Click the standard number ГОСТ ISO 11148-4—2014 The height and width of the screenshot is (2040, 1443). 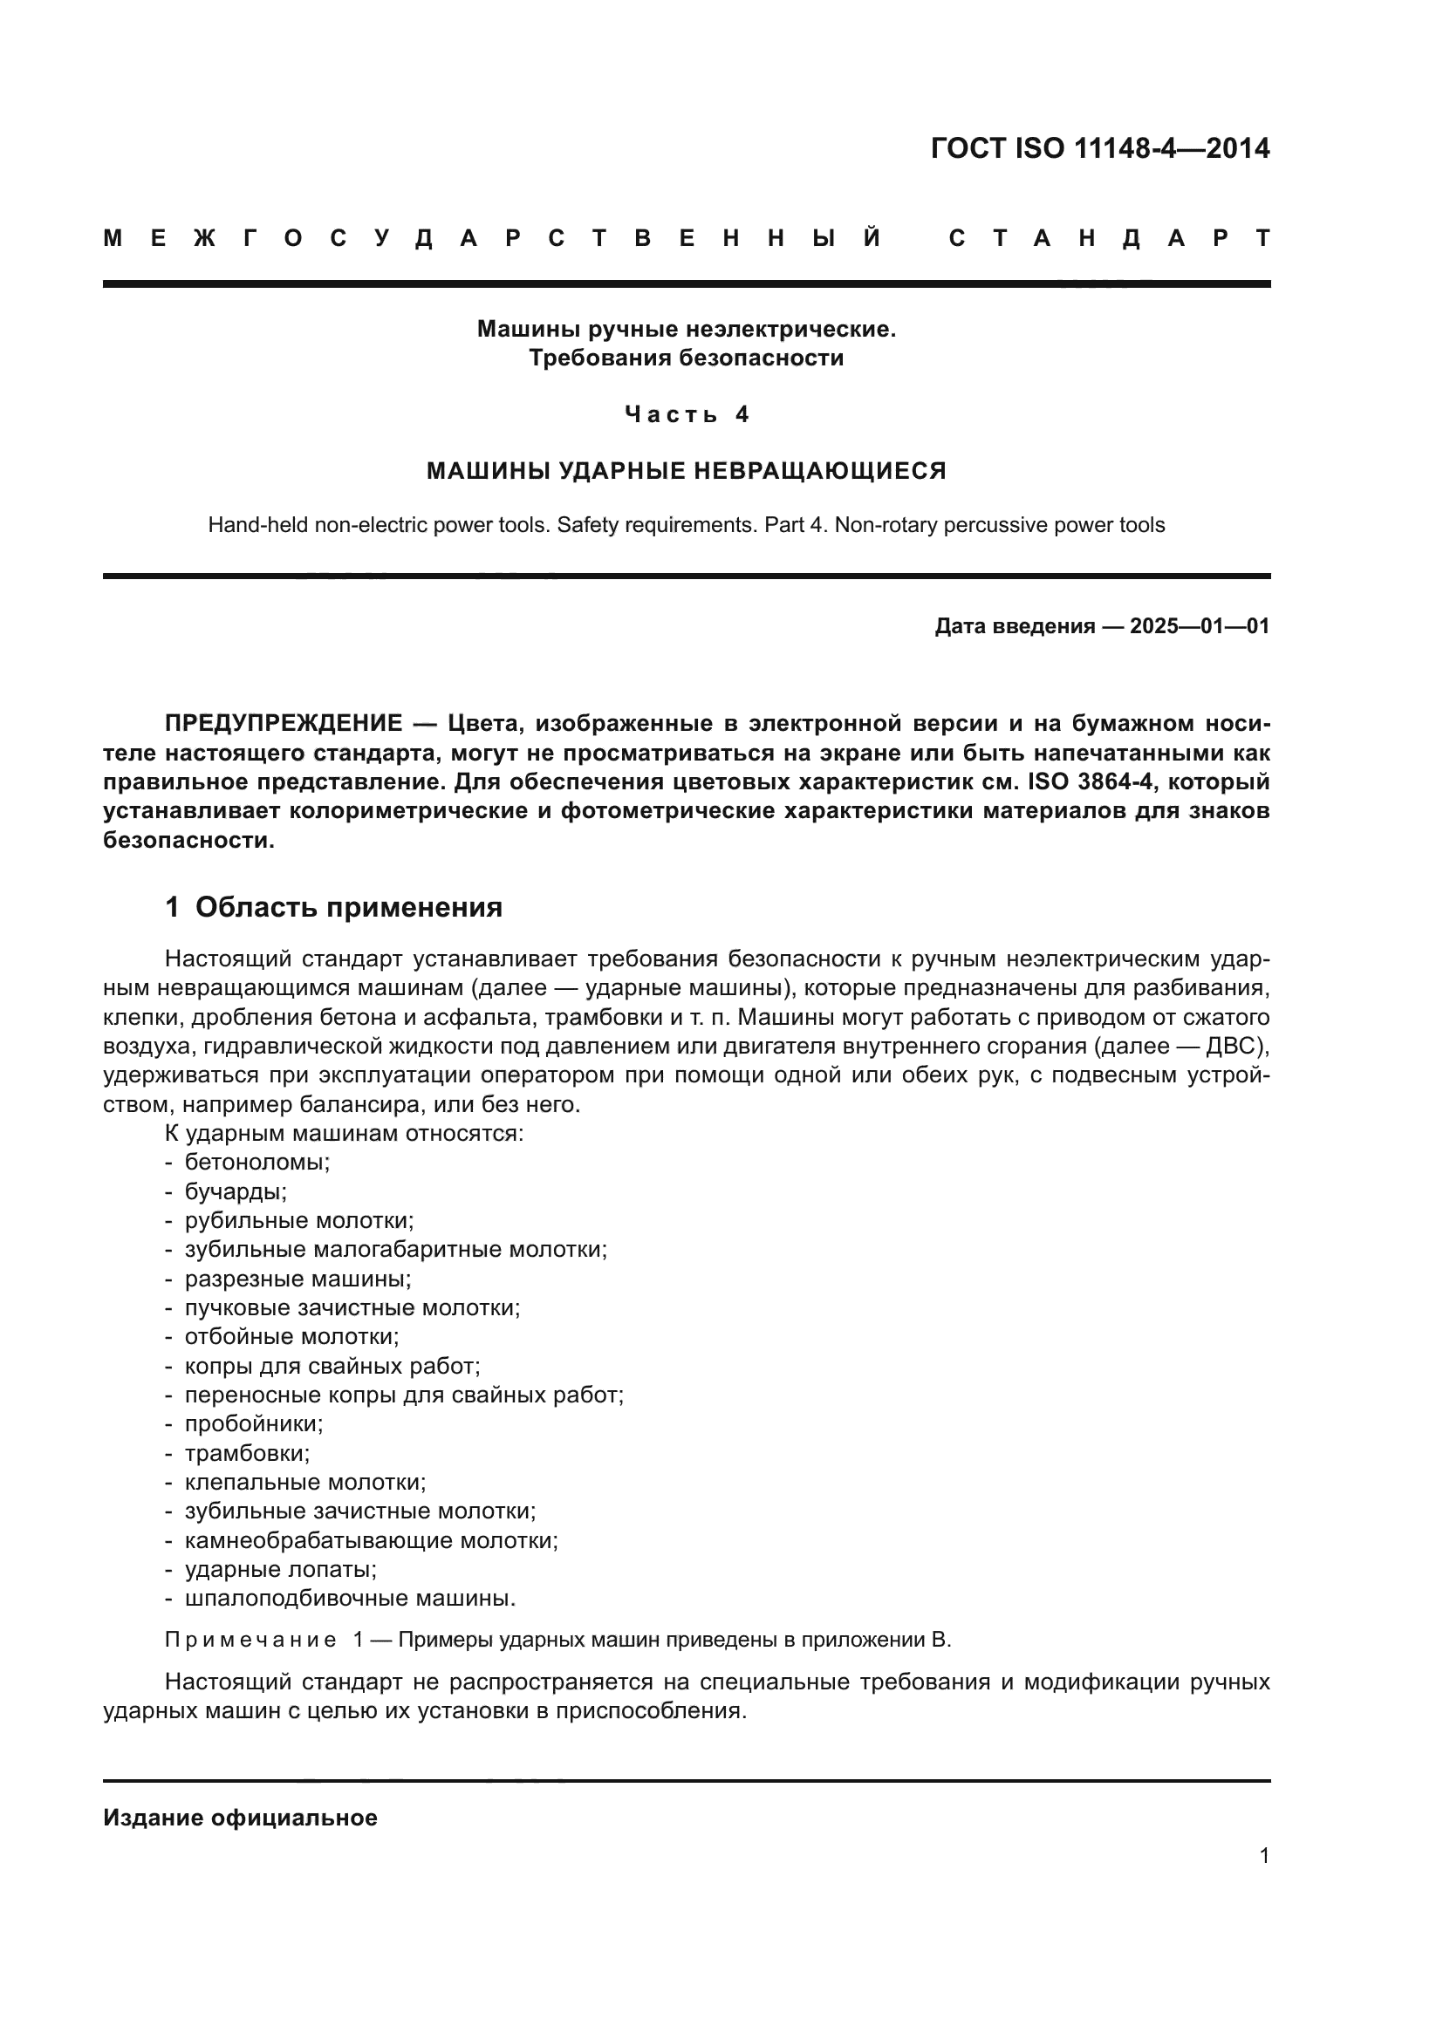click(x=1100, y=148)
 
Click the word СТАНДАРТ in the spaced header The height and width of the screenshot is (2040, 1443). click(x=1109, y=238)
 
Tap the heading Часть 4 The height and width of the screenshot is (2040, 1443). click(x=687, y=414)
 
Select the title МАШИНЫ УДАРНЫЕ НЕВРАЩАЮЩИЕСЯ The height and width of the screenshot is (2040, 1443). click(x=686, y=470)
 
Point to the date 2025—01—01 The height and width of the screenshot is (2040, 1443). click(x=1199, y=626)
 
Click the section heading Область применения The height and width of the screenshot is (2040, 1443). click(x=348, y=907)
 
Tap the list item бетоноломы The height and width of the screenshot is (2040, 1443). click(x=256, y=1162)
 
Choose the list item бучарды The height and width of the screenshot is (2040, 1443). click(x=236, y=1191)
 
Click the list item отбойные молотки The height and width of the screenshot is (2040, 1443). click(x=291, y=1337)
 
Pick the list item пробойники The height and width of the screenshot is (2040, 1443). click(x=253, y=1424)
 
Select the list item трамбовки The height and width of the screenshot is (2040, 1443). click(x=247, y=1454)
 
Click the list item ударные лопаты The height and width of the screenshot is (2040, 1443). click(x=281, y=1570)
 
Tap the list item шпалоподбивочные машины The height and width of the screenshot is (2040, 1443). click(x=350, y=1600)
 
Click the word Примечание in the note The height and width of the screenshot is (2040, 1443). click(x=250, y=1641)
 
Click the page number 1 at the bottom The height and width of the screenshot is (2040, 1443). click(x=1263, y=1856)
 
